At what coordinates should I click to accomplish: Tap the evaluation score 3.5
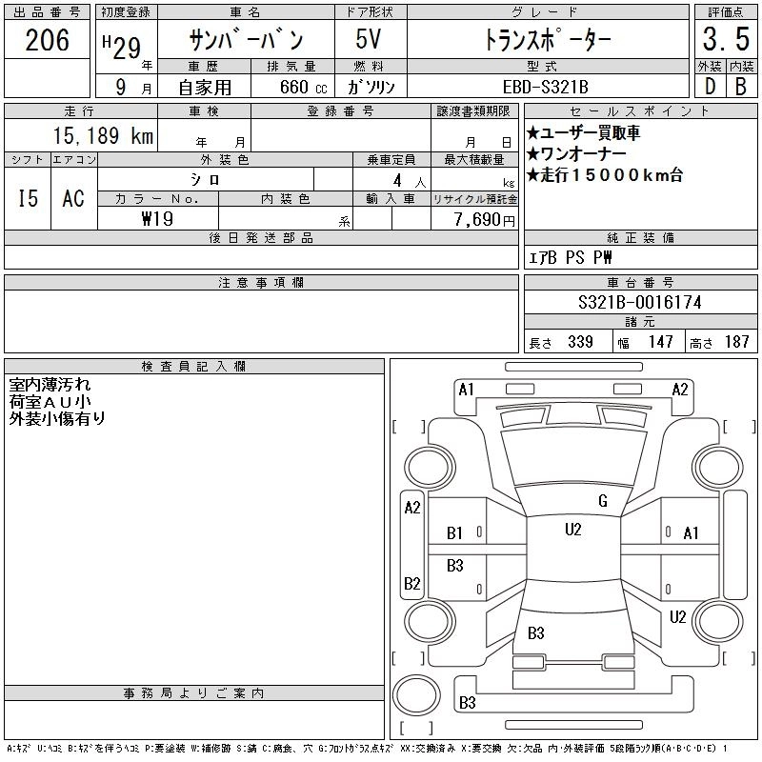724,40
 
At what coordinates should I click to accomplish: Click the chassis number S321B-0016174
640,302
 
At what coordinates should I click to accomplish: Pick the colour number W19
156,219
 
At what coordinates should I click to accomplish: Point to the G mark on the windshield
602,501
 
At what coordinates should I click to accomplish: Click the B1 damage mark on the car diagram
455,533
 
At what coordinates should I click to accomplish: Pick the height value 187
736,342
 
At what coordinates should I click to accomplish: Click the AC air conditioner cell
73,198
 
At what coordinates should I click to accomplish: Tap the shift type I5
29,198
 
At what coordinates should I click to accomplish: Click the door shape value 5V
371,40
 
